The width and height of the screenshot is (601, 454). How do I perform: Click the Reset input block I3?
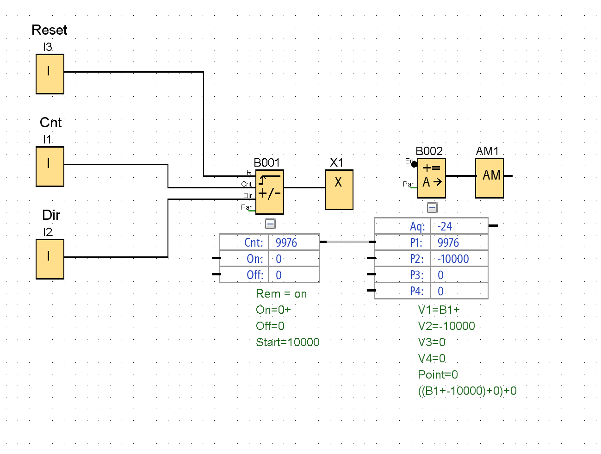point(50,74)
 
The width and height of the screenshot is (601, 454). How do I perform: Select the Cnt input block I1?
point(50,167)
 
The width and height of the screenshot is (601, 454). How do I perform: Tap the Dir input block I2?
point(50,259)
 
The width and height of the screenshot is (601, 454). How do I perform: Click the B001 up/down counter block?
point(270,192)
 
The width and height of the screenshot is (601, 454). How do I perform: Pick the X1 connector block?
point(339,190)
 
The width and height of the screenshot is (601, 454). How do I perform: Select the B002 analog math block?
point(432,178)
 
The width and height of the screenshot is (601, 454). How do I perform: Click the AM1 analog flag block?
point(489,178)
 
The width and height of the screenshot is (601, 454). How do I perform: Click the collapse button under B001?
point(270,224)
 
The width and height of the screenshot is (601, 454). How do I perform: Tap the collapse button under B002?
point(432,208)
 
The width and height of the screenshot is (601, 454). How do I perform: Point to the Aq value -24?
point(445,226)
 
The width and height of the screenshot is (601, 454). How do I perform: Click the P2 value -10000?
point(453,259)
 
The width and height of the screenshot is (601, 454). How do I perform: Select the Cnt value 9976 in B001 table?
point(286,243)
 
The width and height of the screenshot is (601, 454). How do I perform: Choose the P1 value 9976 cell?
point(448,243)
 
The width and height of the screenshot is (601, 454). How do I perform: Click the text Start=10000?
point(288,342)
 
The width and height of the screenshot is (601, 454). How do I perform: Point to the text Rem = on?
point(281,294)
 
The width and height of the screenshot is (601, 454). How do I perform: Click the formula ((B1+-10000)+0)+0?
point(467,391)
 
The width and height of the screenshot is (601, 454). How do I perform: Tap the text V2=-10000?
point(446,326)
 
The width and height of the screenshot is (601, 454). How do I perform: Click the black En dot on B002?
point(415,164)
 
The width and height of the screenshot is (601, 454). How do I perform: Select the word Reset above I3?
point(50,30)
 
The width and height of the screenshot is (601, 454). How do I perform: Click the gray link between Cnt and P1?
point(347,242)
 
